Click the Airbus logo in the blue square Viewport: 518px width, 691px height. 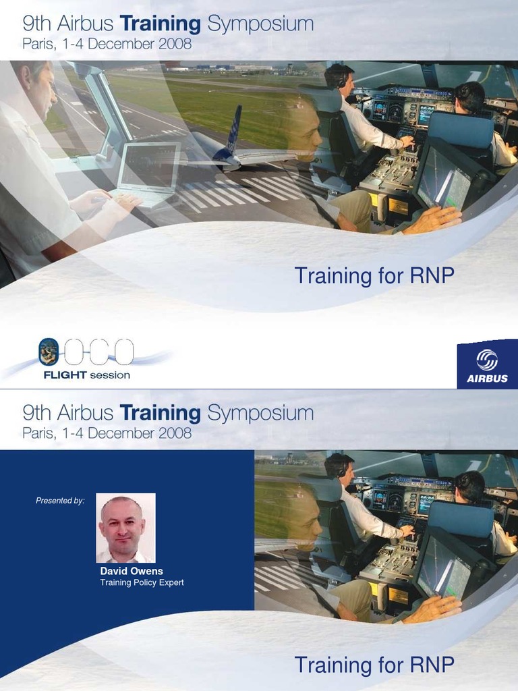point(487,364)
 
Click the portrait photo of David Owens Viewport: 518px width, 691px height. point(125,528)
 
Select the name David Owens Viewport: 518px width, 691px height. point(132,571)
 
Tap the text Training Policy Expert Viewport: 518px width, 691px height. point(142,582)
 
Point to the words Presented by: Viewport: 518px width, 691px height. point(60,500)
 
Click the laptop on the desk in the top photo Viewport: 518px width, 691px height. point(147,172)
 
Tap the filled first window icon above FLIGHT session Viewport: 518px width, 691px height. point(49,352)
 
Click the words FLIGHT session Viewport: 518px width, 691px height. point(86,375)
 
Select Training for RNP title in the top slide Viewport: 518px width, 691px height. point(374,275)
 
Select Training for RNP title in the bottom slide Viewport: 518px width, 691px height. point(374,665)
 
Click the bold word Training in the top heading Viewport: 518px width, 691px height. point(160,25)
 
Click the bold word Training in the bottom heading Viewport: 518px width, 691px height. point(160,412)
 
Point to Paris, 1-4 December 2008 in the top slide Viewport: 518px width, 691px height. point(107,45)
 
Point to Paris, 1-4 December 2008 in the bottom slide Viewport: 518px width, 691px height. point(107,433)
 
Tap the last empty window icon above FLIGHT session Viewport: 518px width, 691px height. point(124,352)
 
